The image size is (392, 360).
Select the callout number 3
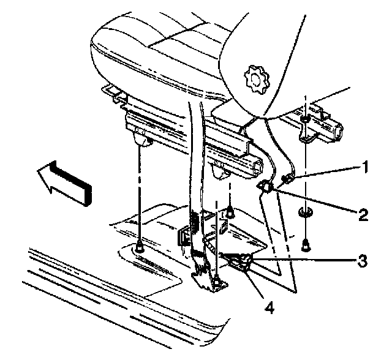pyautogui.click(x=364, y=260)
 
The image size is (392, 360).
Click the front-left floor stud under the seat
pyautogui.click(x=139, y=248)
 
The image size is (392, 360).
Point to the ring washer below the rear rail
pyautogui.click(x=304, y=212)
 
